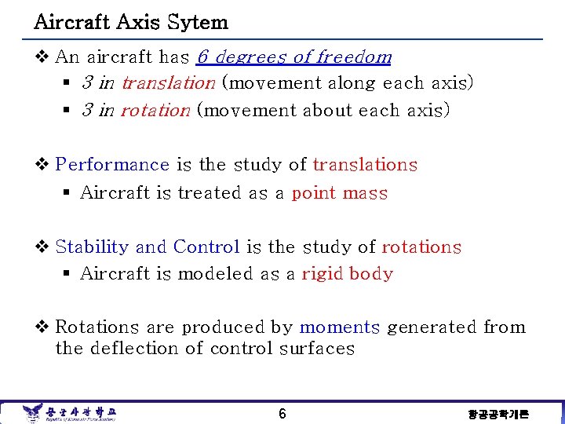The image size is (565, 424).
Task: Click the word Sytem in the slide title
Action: tap(201, 22)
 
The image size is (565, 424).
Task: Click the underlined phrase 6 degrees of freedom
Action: tap(294, 57)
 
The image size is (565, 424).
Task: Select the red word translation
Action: tap(168, 83)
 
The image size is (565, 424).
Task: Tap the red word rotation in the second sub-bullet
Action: tap(155, 111)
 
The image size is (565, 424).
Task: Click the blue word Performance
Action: tap(112, 165)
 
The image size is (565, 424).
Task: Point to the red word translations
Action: tap(365, 165)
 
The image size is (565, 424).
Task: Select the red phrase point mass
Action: tap(340, 193)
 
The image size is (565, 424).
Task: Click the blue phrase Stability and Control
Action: tap(148, 247)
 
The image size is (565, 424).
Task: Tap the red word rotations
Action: tap(421, 247)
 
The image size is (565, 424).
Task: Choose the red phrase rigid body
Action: tap(348, 274)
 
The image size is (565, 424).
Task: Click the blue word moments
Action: tap(339, 327)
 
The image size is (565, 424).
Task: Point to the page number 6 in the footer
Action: tap(282, 413)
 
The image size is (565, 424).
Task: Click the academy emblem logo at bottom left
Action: tap(33, 412)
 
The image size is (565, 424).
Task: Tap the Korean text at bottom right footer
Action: tap(498, 414)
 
